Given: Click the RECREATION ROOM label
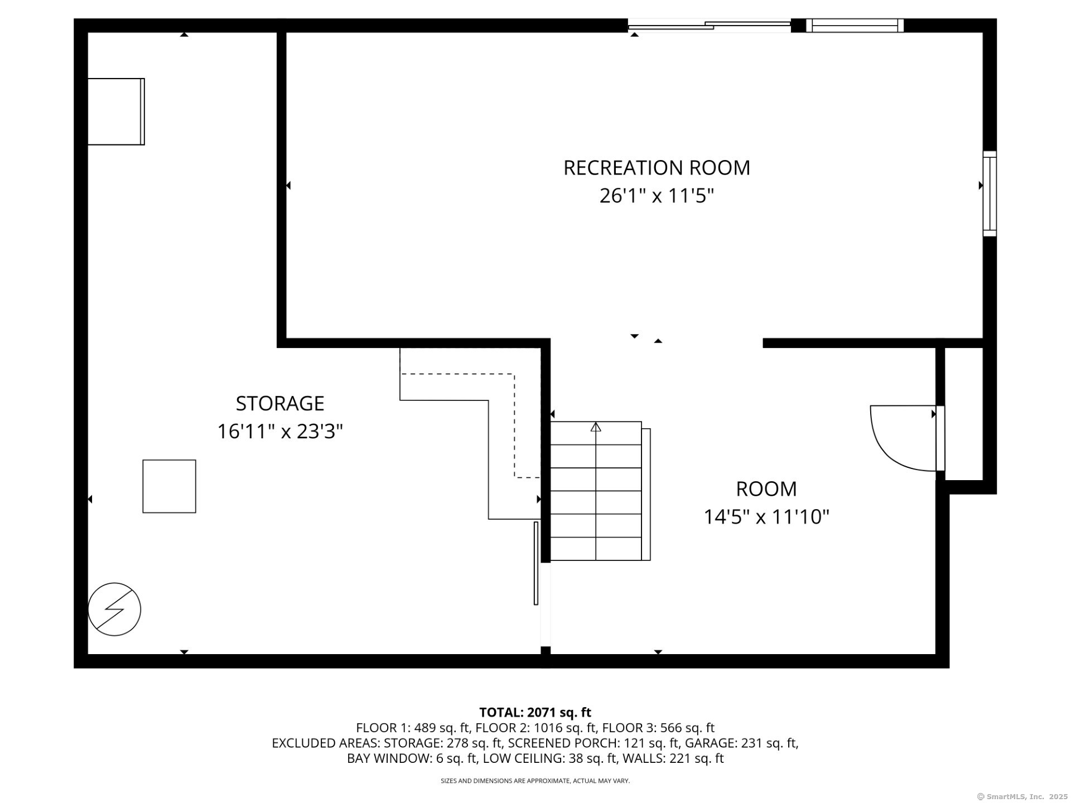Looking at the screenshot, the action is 657,168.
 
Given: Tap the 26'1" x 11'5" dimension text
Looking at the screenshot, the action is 657,196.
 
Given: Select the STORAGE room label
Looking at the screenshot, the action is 280,403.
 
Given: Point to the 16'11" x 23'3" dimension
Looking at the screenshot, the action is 280,431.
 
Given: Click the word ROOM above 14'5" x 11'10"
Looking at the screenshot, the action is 766,489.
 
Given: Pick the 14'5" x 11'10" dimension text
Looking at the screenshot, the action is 766,517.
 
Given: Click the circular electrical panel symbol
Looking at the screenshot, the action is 114,609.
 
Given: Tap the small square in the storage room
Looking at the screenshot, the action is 169,486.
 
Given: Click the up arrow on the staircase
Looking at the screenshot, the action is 596,427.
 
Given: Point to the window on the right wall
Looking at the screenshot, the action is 990,194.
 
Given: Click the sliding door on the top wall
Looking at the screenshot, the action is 710,25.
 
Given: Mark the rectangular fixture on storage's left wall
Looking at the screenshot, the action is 116,112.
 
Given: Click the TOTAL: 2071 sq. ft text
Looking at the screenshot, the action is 535,712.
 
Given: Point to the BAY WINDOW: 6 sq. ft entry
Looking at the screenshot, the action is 412,758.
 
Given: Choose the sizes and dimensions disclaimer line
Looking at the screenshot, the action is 535,781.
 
